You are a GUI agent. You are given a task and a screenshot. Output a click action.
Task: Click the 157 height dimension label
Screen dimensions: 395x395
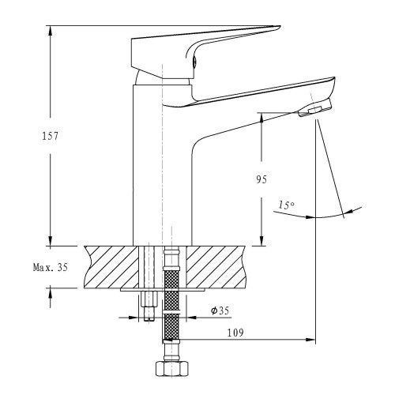50,136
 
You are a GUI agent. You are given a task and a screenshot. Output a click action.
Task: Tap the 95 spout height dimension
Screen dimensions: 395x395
261,179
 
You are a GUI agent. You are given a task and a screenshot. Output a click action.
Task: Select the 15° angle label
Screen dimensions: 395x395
286,205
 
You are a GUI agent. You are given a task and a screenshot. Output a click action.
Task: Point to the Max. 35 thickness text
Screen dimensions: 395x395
51,267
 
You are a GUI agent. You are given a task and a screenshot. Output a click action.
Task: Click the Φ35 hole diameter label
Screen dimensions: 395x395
220,310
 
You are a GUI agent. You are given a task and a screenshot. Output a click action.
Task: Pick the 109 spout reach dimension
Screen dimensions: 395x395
235,333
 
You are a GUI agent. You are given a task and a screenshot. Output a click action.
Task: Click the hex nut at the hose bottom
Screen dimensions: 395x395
172,369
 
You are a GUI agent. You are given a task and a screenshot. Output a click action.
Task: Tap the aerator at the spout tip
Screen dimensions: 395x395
314,108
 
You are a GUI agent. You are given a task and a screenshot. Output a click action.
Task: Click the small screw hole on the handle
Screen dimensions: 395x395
194,62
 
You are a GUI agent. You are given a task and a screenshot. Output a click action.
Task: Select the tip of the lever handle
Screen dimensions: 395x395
280,26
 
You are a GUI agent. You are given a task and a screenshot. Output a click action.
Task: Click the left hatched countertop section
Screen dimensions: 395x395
111,267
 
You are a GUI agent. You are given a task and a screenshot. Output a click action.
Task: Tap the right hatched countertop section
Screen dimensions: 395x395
216,267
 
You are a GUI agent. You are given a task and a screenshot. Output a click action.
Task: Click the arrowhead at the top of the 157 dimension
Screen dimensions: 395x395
50,30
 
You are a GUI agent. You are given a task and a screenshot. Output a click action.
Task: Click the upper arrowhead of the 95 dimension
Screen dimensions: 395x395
261,118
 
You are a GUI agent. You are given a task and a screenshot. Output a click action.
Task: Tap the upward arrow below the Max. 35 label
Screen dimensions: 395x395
50,293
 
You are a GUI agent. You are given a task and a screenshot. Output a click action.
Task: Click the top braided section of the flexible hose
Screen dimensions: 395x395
171,281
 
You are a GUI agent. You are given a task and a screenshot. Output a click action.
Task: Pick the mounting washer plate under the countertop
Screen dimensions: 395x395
163,290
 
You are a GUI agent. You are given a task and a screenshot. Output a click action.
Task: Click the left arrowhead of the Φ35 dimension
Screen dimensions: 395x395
134,318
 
